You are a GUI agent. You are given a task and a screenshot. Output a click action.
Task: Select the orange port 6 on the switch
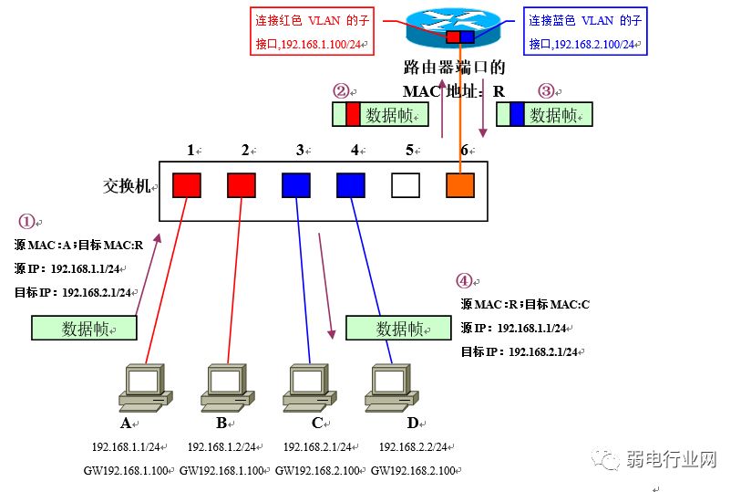[x=460, y=185]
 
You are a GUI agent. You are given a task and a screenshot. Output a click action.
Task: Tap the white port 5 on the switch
[x=405, y=185]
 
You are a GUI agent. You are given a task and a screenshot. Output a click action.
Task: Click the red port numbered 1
[x=187, y=185]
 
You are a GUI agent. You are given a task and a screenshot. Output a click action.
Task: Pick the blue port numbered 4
[x=350, y=185]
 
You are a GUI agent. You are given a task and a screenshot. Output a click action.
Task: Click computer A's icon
[x=144, y=387]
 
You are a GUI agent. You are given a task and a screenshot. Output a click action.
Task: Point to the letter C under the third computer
[x=317, y=424]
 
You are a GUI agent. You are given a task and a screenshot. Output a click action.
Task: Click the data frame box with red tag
[x=379, y=114]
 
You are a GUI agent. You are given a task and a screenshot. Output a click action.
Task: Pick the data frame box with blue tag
[x=544, y=114]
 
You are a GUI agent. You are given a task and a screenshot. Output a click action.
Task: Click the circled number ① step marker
[x=26, y=222]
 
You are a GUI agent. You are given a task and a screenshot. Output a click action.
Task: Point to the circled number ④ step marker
[x=466, y=281]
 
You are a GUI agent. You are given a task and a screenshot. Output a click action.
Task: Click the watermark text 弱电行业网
[x=672, y=459]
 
